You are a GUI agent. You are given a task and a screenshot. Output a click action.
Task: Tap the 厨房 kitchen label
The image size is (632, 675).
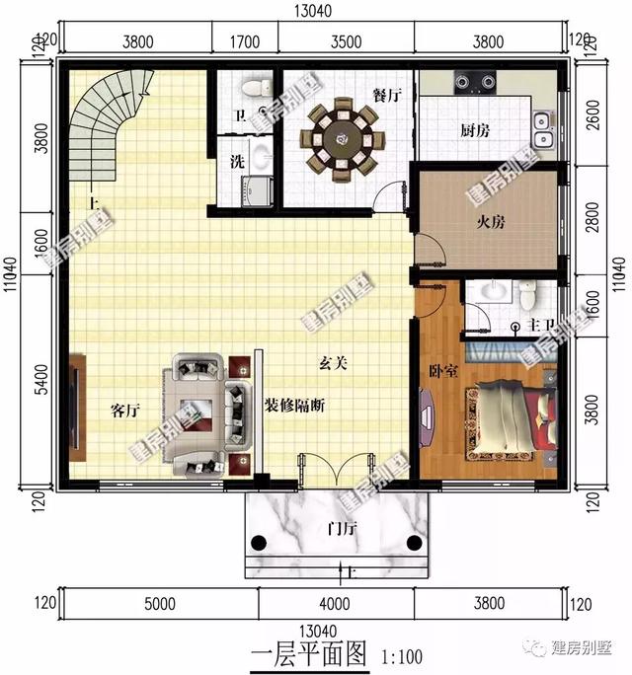pyautogui.click(x=476, y=130)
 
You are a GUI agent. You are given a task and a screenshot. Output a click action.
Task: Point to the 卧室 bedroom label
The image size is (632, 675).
pyautogui.click(x=441, y=371)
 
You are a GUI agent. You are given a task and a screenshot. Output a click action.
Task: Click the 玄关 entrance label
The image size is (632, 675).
pyautogui.click(x=333, y=363)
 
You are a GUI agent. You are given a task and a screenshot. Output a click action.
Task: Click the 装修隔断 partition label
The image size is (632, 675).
pyautogui.click(x=295, y=405)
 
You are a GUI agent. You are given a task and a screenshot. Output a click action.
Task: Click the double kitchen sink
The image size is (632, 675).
pyautogui.click(x=542, y=122)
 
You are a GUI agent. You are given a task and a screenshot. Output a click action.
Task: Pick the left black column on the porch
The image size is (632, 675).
pyautogui.click(x=260, y=541)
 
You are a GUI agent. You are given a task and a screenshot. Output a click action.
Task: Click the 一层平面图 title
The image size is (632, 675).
pyautogui.click(x=309, y=654)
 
